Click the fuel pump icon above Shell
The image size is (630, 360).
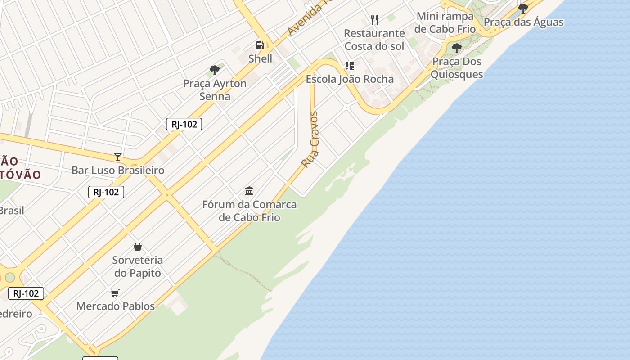260,45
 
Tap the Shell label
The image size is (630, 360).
260,58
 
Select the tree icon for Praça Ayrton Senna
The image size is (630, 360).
215,70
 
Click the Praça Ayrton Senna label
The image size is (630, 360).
215,90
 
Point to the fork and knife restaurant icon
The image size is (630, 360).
374,19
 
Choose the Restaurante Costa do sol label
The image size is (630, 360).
374,40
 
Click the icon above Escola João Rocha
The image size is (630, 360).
350,66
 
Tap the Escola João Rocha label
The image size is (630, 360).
350,79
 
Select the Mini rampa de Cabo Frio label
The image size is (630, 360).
445,22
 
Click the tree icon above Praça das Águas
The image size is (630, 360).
523,8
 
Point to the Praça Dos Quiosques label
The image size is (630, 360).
456,68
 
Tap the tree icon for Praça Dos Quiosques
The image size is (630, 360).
456,48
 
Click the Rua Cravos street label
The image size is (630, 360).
310,139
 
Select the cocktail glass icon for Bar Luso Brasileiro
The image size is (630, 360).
118,157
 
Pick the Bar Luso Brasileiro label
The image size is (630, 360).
118,171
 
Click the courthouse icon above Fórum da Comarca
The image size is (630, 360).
249,191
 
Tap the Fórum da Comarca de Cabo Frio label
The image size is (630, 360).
249,211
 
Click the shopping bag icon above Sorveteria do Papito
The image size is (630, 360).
138,247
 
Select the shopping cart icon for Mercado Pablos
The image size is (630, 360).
115,293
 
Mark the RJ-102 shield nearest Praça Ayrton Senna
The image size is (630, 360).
184,124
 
